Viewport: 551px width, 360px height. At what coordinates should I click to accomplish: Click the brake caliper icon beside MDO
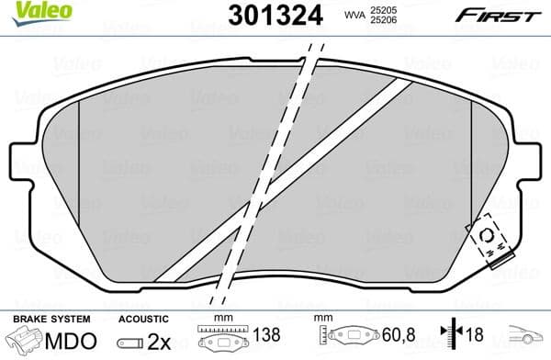(26, 341)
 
